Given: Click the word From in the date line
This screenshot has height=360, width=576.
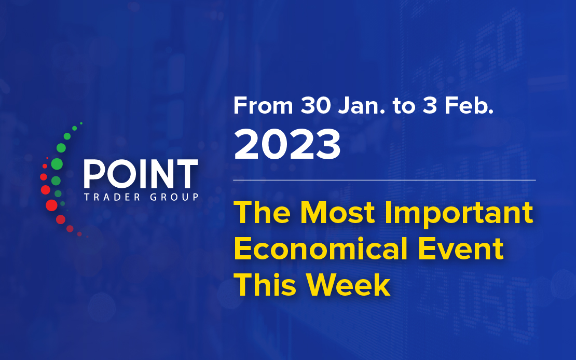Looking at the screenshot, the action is pos(263,106).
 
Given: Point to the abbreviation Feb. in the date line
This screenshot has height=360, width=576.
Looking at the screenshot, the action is pos(469,106).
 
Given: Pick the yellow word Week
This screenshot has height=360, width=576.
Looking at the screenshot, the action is pos(348,285).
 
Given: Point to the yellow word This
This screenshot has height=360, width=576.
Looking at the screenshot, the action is pos(265,285).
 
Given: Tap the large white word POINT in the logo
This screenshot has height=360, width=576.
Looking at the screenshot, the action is pos(141,174).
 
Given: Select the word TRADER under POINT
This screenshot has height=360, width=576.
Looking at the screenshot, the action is pos(112,197).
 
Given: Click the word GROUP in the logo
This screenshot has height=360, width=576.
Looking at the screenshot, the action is pos(174,197).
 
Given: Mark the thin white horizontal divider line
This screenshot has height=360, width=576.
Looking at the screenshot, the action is pos(384,181).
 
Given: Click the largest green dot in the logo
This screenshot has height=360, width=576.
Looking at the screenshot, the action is pos(57,164).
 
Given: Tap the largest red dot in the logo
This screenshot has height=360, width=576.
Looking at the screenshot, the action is pos(51,205).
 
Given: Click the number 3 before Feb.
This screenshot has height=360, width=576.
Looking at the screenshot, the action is pos(429,106).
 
